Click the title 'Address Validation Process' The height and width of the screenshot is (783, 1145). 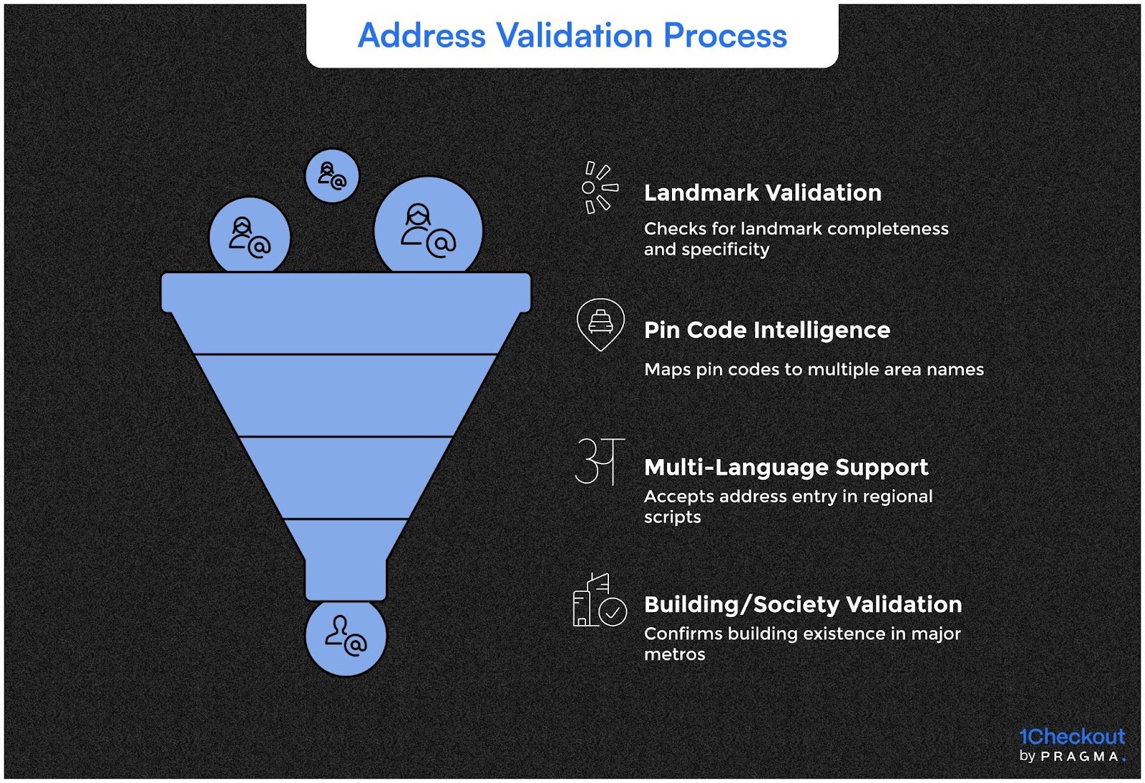[572, 36]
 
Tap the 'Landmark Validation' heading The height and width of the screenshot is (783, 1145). [762, 193]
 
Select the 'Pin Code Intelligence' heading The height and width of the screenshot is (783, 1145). [766, 330]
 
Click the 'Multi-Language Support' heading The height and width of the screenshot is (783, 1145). [786, 468]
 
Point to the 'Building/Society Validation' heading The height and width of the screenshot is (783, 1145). [802, 605]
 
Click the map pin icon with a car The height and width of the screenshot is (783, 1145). [600, 324]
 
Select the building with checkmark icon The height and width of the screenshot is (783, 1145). [599, 601]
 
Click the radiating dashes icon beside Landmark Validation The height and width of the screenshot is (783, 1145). [598, 187]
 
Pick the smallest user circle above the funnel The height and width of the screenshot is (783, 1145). [332, 175]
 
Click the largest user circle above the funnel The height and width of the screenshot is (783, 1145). [428, 229]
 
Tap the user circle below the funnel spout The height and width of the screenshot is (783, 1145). [346, 636]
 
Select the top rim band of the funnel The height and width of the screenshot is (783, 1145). [346, 292]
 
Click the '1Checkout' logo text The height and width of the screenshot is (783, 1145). [1071, 737]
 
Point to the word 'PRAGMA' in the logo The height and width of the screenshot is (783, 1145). [1080, 757]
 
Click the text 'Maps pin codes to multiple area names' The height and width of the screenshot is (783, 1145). [814, 370]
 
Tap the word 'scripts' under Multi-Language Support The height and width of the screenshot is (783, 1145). [672, 517]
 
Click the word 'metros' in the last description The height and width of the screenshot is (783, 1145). [674, 654]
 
